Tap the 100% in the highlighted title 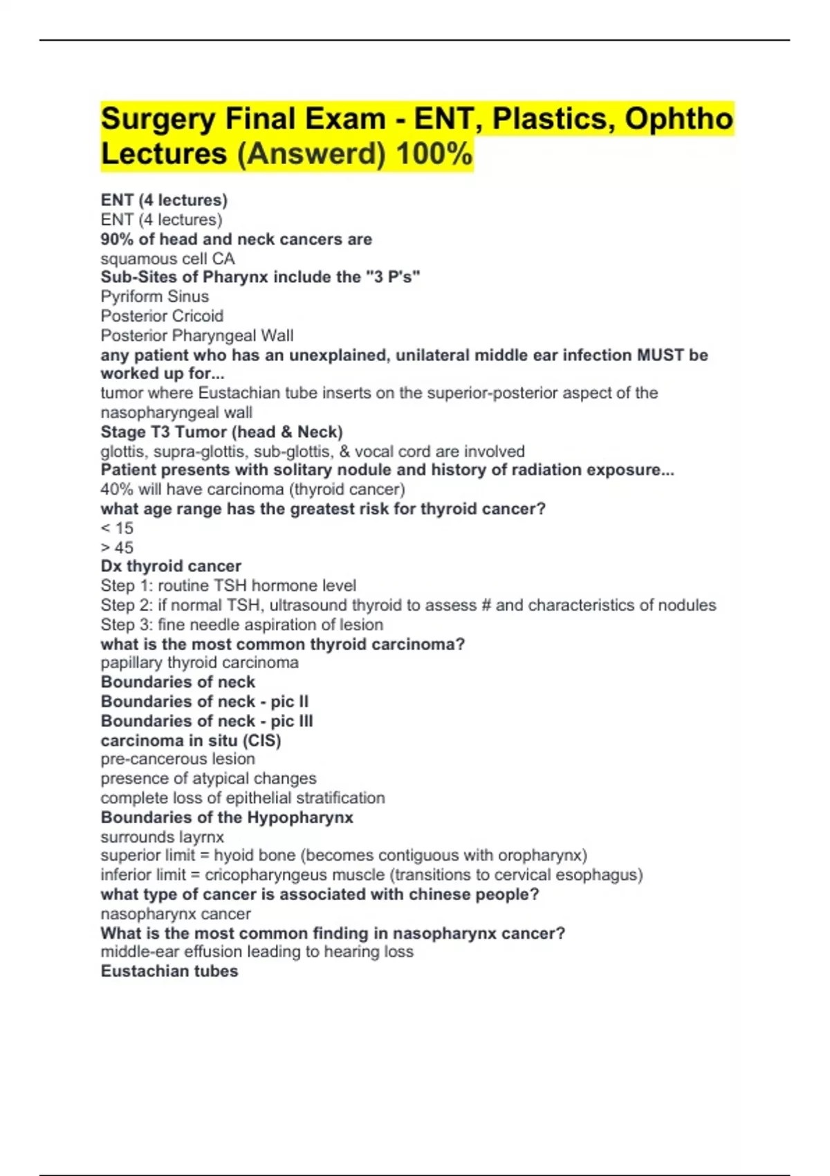pos(434,154)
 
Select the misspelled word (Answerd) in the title pos(311,154)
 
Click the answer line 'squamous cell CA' pos(167,259)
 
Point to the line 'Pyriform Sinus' pos(154,297)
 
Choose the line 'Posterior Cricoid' pos(162,316)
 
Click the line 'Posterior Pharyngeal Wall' pos(196,336)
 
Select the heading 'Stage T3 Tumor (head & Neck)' pos(221,432)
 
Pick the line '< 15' pos(117,529)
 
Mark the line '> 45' pos(117,548)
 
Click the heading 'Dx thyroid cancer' pos(171,567)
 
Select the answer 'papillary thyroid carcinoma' pos(199,663)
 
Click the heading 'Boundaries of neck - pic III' pos(206,721)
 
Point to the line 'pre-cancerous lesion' pos(178,759)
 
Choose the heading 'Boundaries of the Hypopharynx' pos(227,818)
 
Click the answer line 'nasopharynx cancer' pos(176,914)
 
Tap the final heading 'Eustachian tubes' pos(169,971)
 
